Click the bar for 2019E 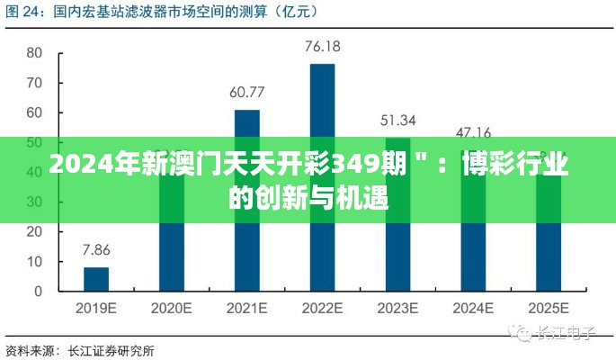click(96, 280)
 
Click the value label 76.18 click(322, 46)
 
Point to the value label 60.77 click(246, 92)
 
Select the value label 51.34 click(397, 120)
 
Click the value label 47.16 click(473, 132)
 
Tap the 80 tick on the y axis click(34, 53)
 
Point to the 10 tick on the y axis click(34, 262)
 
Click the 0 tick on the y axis click(38, 292)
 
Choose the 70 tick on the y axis click(34, 83)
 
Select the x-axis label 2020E click(171, 308)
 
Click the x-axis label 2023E click(397, 308)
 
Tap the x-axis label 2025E click(548, 308)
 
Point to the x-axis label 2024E click(473, 308)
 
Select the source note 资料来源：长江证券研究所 click(80, 349)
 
